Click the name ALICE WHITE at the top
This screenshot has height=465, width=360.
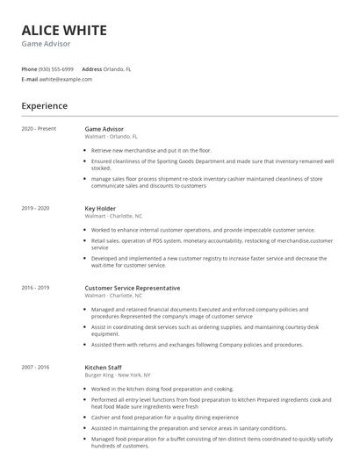[64, 30]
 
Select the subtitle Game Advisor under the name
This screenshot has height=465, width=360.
[46, 44]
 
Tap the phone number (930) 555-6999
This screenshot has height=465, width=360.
[56, 68]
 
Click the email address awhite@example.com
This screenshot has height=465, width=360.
[65, 79]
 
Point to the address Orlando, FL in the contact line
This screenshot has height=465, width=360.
[118, 68]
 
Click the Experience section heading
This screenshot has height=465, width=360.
[44, 106]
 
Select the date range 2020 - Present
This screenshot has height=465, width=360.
[39, 129]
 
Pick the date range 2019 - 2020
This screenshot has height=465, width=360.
[35, 208]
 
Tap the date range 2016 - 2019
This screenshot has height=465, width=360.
[35, 288]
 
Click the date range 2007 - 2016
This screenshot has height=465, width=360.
[35, 367]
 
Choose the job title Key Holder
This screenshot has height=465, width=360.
[102, 208]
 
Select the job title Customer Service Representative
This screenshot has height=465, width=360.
[132, 288]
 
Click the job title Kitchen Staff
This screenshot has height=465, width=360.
[104, 367]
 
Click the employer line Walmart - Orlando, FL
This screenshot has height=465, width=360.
[112, 137]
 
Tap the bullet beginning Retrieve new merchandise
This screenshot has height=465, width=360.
[151, 150]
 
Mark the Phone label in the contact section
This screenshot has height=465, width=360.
[29, 68]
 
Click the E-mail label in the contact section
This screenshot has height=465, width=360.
[29, 79]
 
